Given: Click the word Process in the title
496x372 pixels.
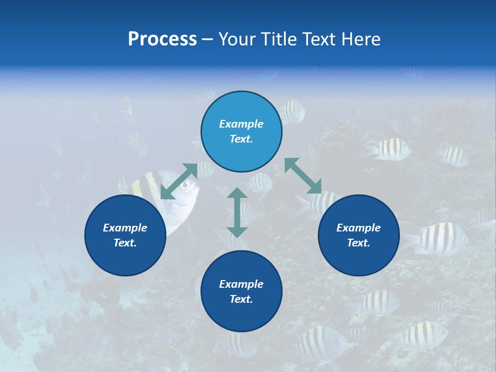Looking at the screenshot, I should [162, 39].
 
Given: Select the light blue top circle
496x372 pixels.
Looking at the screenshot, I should [241, 132].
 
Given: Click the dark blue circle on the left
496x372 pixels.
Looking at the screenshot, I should [125, 236].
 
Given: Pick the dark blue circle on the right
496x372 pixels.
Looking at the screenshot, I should [359, 236].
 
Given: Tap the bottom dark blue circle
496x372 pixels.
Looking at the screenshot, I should [241, 291].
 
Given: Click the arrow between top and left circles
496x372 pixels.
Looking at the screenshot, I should [179, 181].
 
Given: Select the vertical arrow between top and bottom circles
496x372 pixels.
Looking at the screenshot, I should [237, 212].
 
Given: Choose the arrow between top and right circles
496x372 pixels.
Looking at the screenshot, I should [303, 176].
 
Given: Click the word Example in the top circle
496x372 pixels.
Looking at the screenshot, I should [241, 124].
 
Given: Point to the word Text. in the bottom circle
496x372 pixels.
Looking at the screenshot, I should [241, 299].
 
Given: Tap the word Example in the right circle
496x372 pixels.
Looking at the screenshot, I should [359, 228].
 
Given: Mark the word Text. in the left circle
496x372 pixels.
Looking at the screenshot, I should [125, 243].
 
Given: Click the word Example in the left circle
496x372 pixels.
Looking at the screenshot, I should [125, 228].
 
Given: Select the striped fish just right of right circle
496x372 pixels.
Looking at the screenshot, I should [437, 239].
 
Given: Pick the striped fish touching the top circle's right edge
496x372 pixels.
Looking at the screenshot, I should [292, 111].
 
